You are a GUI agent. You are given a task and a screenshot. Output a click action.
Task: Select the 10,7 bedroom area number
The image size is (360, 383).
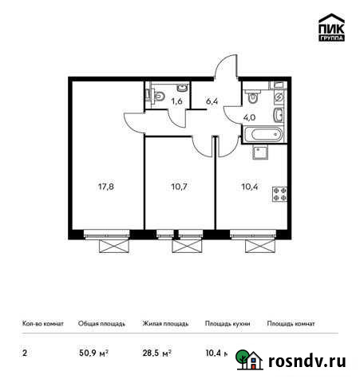[179, 188]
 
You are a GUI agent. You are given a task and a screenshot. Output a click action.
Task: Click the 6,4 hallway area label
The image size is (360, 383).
[212, 101]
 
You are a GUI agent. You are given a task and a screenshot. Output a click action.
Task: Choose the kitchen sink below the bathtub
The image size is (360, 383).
[260, 152]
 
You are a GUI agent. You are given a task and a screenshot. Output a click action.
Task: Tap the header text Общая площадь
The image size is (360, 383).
[100, 324]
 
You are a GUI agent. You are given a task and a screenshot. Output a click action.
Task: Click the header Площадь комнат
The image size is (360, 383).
[291, 324]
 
